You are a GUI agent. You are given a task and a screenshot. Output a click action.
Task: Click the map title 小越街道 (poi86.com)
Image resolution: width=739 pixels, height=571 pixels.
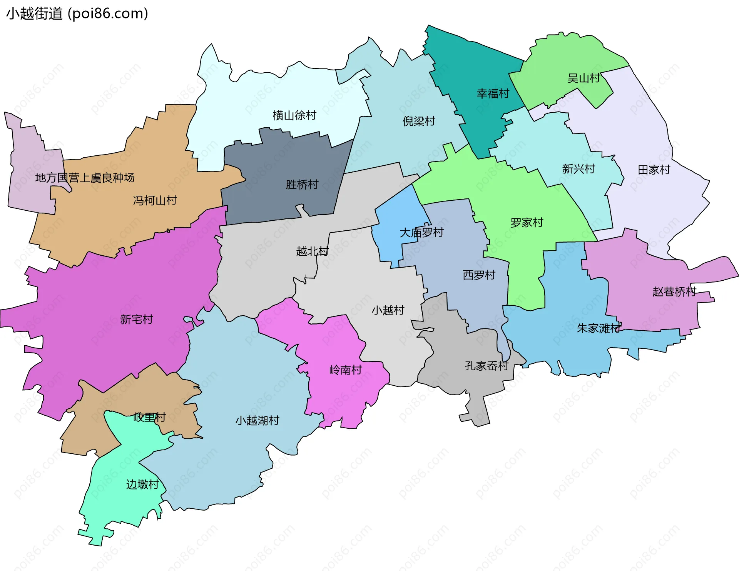coord(77,13)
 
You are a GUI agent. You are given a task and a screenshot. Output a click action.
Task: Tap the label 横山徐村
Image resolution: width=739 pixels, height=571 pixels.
coord(294,115)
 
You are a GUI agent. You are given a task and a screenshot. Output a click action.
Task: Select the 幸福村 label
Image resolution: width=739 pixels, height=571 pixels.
coord(493,93)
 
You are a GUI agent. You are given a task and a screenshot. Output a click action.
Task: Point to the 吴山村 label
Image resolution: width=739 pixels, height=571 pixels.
coord(584,78)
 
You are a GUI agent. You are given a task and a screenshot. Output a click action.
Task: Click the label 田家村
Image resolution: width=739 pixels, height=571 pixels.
coord(654,170)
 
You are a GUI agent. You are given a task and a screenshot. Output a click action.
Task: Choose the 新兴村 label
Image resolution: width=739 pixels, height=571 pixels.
coord(578,169)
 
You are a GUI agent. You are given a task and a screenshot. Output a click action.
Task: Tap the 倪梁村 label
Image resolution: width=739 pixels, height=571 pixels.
coord(419,121)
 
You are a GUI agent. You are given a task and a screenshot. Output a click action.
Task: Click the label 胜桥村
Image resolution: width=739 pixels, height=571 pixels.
coord(302,185)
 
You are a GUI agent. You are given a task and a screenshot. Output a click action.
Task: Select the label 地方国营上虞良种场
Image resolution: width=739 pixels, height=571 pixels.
coord(85,178)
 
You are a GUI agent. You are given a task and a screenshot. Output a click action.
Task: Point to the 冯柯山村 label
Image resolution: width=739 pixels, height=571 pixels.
coord(155,200)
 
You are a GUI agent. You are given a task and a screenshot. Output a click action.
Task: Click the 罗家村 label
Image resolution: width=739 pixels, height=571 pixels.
coord(527,223)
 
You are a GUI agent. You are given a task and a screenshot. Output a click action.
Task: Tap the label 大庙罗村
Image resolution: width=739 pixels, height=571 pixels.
coord(421,233)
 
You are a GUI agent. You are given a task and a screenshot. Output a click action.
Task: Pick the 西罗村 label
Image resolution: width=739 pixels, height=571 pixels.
coord(479,275)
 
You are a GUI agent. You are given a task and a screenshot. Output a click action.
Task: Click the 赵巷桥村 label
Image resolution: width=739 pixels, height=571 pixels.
coord(674,292)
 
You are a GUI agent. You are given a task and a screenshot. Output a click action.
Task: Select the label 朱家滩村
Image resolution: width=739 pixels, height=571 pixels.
coord(599,328)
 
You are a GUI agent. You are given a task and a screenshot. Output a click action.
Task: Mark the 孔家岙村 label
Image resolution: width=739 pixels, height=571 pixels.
coord(487,366)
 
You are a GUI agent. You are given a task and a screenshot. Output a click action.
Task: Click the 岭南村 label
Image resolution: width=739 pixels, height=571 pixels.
coord(346,370)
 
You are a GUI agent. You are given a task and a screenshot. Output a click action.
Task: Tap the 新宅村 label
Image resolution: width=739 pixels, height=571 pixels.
coord(136,319)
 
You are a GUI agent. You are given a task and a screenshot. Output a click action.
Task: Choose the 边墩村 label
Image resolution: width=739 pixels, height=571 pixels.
coord(142,484)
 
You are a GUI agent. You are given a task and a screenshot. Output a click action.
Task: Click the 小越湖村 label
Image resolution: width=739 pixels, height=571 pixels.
coord(257,420)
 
